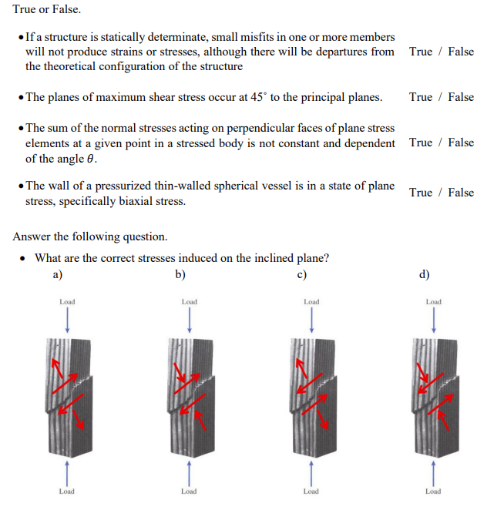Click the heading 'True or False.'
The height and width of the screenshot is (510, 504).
tap(46, 12)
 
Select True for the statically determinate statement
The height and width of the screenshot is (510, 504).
tap(421, 52)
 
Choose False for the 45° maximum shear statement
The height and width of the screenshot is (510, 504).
tap(461, 97)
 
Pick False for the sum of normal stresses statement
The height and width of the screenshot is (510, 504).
tap(461, 143)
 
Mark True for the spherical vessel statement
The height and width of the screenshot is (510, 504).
tap(421, 193)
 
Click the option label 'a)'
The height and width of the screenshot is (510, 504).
tap(57, 273)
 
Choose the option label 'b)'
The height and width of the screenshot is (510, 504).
tap(180, 273)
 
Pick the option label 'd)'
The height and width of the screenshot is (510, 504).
tap(425, 273)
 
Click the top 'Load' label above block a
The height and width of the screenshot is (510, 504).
tap(67, 301)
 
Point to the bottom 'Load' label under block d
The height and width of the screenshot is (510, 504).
tap(433, 491)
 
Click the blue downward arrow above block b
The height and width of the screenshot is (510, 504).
tap(189, 317)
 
